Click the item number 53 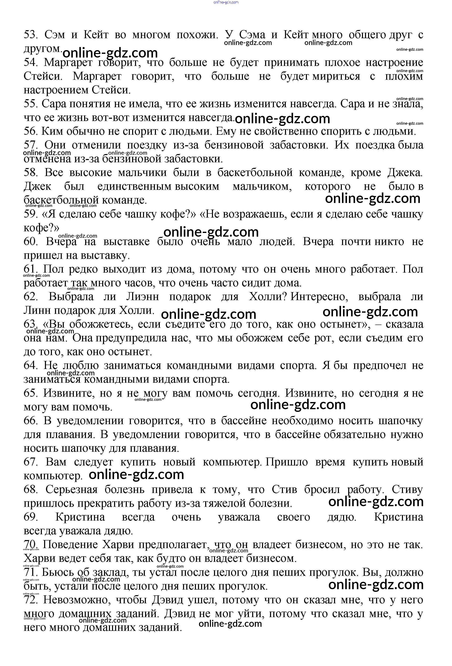pyautogui.click(x=31, y=35)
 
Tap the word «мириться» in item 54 pyautogui.click(x=336, y=76)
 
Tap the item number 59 pyautogui.click(x=31, y=214)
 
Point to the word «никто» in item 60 pyautogui.click(x=390, y=242)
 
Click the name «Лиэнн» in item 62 pyautogui.click(x=142, y=297)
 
